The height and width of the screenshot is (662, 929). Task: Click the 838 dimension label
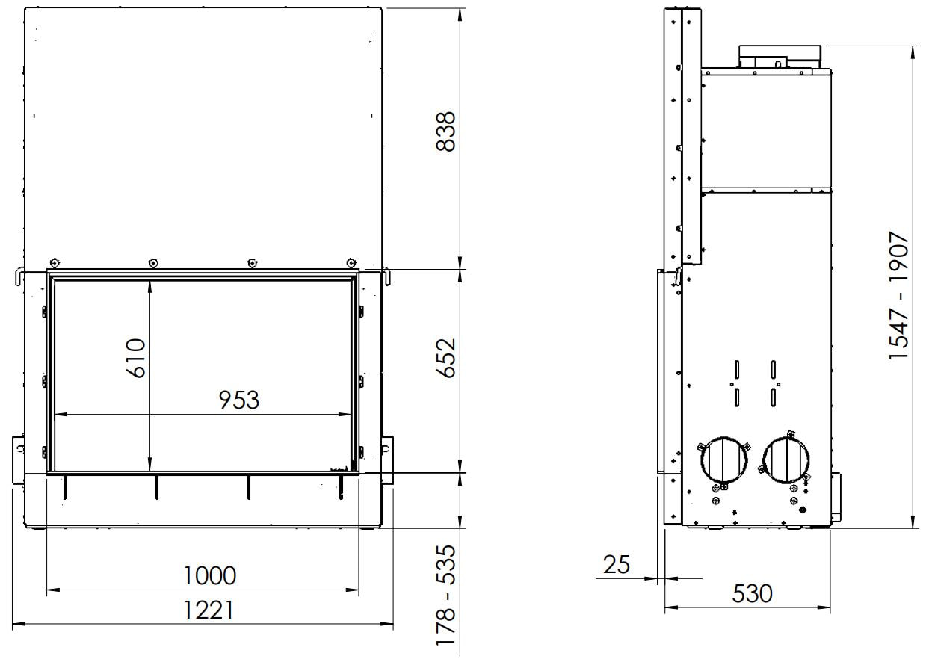tap(447, 132)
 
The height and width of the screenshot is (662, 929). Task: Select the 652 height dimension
tap(447, 358)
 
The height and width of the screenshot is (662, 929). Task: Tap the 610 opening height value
tap(136, 358)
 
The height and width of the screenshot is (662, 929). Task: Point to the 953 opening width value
tap(239, 400)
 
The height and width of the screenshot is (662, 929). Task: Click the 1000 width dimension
tap(209, 576)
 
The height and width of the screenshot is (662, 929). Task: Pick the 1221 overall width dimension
tap(208, 610)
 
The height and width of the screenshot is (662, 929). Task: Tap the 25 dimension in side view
tap(617, 564)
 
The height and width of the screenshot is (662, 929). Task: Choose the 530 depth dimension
tap(752, 593)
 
